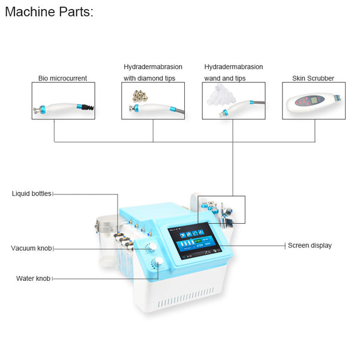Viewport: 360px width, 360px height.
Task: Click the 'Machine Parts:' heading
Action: tap(49, 12)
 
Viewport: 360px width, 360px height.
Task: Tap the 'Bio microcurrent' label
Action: tap(62, 78)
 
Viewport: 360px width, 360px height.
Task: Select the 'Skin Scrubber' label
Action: tap(313, 78)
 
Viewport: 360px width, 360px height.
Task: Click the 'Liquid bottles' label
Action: tap(32, 194)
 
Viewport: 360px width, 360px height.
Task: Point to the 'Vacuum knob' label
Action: tap(31, 248)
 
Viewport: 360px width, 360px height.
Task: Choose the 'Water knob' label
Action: tap(33, 278)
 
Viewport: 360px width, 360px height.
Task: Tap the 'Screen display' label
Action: tap(310, 245)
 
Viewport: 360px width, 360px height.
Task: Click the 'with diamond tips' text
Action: tap(149, 78)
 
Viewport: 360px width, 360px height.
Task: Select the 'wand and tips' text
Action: tap(225, 78)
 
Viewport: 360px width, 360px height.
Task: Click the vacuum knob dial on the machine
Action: tap(152, 247)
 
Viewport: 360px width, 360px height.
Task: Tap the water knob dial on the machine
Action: tap(158, 262)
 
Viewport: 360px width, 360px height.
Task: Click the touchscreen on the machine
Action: tap(194, 241)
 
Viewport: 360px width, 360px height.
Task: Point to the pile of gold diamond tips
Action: tap(140, 96)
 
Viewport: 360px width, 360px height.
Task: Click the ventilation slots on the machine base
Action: tap(186, 298)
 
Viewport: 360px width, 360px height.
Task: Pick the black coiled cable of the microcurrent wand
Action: tap(88, 107)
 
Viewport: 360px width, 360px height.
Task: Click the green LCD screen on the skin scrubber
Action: tap(314, 100)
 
